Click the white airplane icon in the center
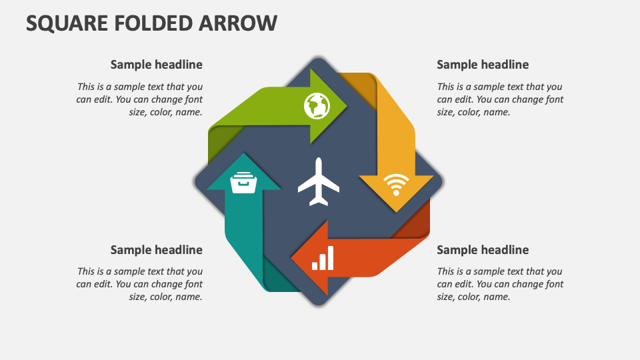(319, 182)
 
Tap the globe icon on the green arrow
(317, 105)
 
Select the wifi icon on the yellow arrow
(396, 185)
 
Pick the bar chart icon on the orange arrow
(323, 259)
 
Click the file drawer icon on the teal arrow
(243, 182)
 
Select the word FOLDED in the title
(159, 23)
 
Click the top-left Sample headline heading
(156, 65)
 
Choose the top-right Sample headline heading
(483, 65)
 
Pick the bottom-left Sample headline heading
(156, 250)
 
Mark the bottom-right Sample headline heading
(483, 250)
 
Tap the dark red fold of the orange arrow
(417, 223)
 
